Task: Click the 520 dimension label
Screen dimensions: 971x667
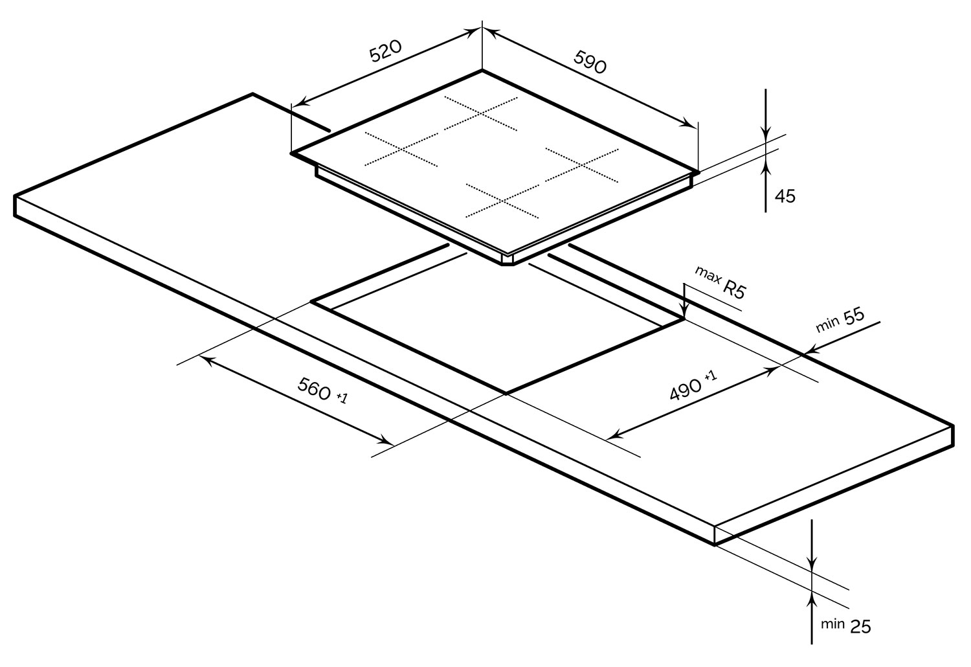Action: [385, 51]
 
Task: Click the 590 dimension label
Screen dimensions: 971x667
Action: [590, 62]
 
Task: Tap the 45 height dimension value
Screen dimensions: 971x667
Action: [785, 196]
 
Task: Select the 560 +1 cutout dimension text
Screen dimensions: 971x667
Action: [322, 390]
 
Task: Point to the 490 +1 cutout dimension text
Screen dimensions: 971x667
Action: [693, 386]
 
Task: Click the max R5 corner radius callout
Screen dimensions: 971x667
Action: [720, 282]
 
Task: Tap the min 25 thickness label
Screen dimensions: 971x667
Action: [845, 626]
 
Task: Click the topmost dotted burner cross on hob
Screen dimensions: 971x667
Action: [481, 113]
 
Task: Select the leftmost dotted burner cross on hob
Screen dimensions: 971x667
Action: [401, 149]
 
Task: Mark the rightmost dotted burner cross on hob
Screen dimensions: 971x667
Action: [582, 165]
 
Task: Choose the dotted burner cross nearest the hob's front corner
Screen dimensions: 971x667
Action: [502, 201]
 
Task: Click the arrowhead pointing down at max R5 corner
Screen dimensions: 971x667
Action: [684, 313]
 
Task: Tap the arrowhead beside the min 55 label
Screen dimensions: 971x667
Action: [814, 348]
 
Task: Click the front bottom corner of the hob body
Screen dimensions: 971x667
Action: [507, 264]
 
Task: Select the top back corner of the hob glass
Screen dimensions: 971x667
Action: [482, 70]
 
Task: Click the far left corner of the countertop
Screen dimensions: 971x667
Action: [15, 196]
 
